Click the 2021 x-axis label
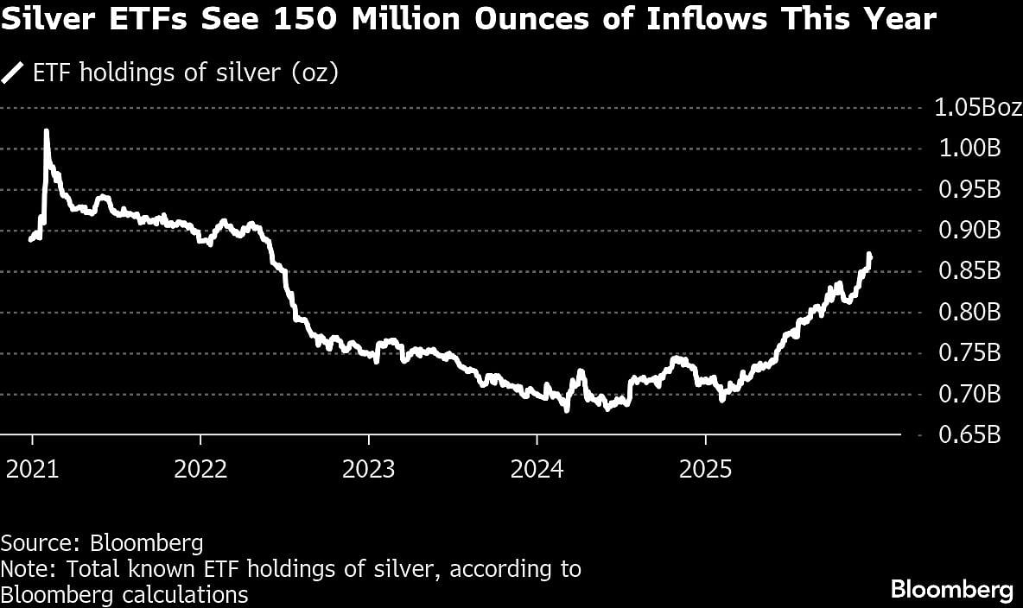pos(34,470)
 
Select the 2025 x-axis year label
pos(707,470)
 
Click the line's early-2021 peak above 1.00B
pos(46,131)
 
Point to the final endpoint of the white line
pos(870,256)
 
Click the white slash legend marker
pos(13,73)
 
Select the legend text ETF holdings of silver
pos(185,73)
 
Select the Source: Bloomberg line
pos(102,543)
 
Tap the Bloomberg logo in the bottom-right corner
pos(951,591)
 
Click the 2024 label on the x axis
pos(537,470)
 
